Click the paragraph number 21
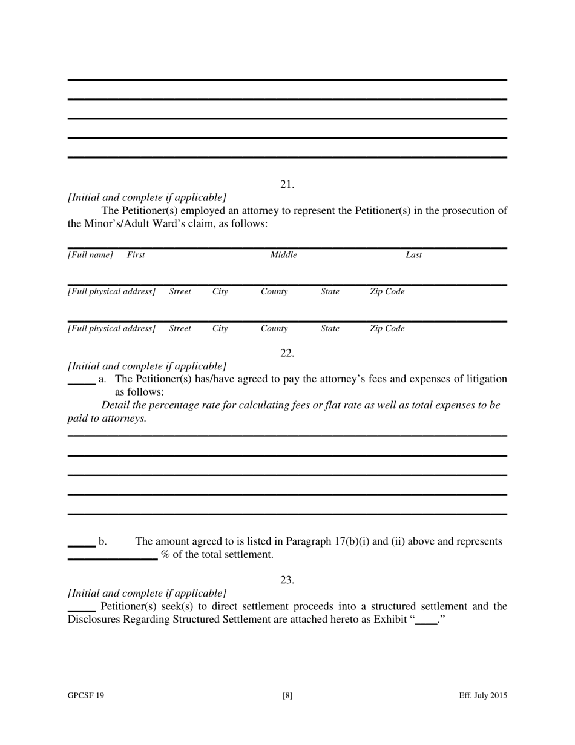[287, 184]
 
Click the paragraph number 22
[287, 353]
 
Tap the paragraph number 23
[287, 580]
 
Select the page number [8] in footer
[287, 696]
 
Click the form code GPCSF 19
[85, 696]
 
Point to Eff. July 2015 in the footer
[482, 696]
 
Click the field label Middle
[283, 255]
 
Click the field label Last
[413, 255]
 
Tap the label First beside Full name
[136, 255]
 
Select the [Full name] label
[90, 255]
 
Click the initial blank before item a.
[81, 382]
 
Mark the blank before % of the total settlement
[113, 557]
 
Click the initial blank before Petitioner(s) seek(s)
[81, 609]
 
